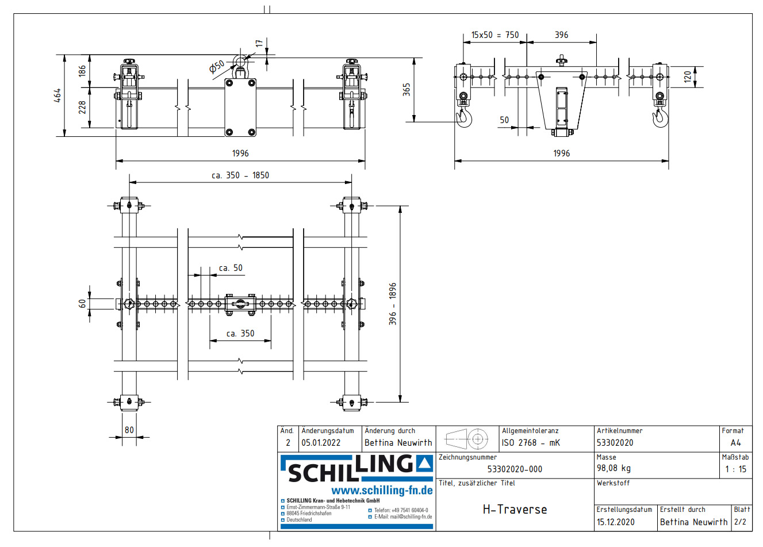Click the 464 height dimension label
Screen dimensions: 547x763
pos(57,95)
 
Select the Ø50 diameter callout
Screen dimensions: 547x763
pos(217,66)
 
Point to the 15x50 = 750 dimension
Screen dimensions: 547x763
pos(494,35)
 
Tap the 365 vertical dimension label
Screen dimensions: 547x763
pos(407,90)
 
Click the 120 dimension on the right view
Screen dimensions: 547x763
pos(688,77)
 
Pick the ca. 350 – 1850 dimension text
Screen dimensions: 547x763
pos(240,175)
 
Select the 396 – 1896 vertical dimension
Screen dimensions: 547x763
pos(393,304)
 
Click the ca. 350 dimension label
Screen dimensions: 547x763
pos(240,334)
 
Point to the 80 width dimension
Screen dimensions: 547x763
pos(129,430)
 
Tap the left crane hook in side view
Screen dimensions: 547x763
pos(463,118)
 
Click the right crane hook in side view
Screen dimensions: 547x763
pos(660,118)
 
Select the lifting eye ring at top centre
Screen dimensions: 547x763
pos(240,61)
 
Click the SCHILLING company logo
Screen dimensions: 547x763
pos(356,469)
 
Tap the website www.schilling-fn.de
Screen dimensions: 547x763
pos(382,491)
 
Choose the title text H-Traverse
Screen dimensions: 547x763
pos(515,510)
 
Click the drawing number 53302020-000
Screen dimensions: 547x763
pos(515,469)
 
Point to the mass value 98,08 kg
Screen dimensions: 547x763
pos(614,468)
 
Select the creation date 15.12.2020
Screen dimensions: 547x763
pos(615,522)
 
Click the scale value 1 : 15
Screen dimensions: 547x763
pos(735,469)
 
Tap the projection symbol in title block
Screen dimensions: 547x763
pos(467,439)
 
